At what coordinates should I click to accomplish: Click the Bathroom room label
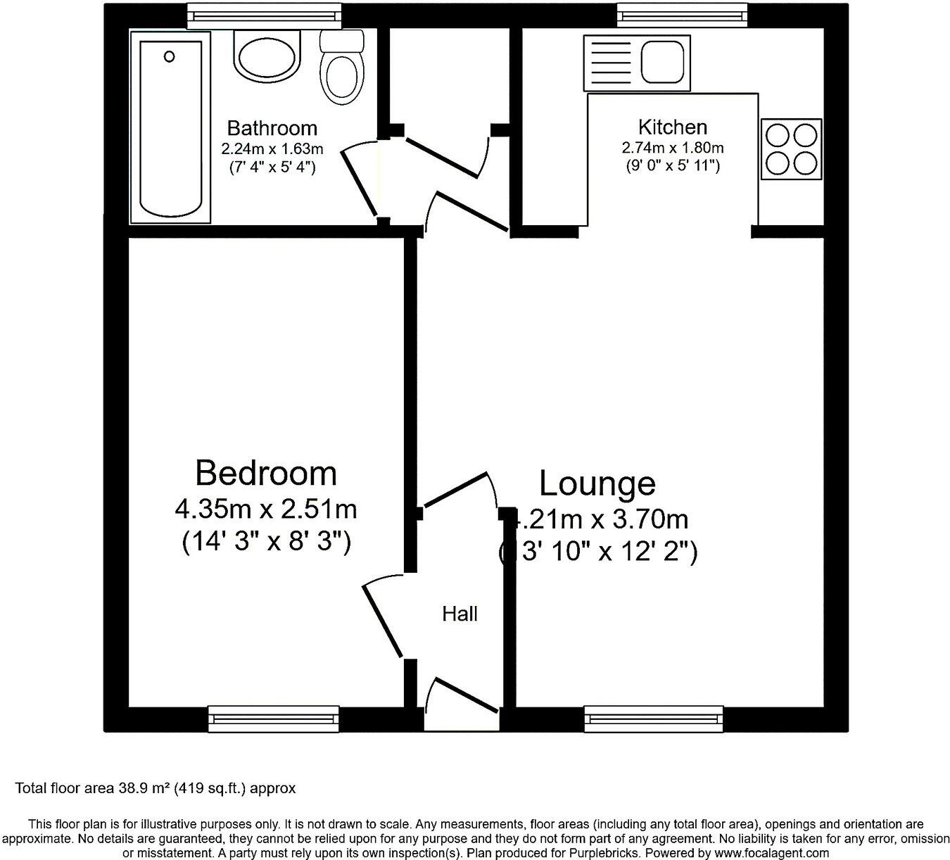pos(272,128)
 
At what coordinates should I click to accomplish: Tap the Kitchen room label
pos(672,127)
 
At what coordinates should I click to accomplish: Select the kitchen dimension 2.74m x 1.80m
pos(672,148)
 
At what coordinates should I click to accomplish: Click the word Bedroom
pos(266,473)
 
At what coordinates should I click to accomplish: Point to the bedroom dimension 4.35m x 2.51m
pos(266,508)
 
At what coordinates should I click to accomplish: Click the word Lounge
pos(597,483)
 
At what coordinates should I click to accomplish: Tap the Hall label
pos(460,614)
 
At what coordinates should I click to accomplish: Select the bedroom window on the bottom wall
pos(274,719)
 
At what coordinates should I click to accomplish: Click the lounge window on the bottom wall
pos(654,719)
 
